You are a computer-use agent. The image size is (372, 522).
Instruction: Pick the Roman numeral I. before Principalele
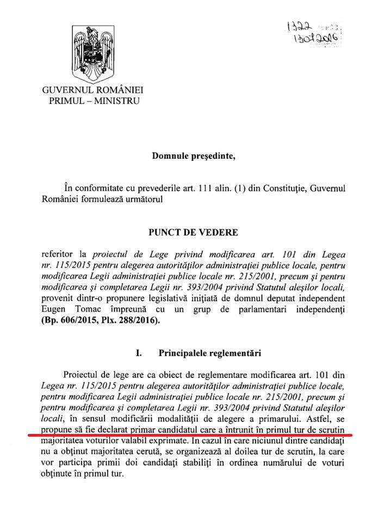coord(140,353)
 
